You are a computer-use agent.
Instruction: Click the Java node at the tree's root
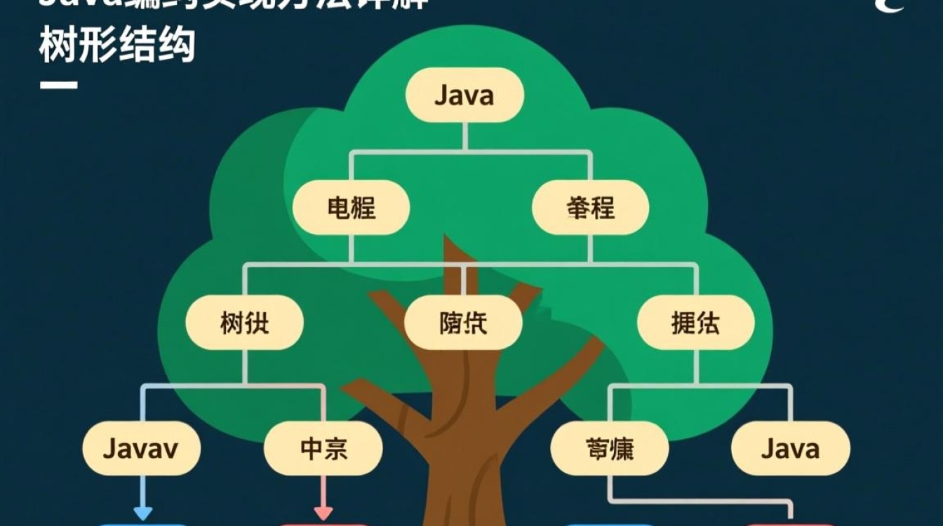tap(464, 95)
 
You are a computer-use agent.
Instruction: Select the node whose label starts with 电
tap(351, 208)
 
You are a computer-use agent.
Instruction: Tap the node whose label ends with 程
tap(590, 208)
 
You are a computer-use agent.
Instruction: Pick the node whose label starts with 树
tap(244, 323)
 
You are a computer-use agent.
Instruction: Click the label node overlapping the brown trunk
tap(464, 323)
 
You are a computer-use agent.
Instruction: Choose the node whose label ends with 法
tap(695, 323)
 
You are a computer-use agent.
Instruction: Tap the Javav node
tap(141, 448)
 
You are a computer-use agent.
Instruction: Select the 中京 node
tap(323, 448)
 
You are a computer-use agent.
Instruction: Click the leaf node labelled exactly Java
tap(790, 448)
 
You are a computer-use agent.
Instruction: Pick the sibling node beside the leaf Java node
tap(609, 448)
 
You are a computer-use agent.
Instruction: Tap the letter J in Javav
tap(109, 448)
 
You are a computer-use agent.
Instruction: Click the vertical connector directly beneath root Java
tap(464, 136)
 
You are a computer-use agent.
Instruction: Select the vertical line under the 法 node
tap(695, 366)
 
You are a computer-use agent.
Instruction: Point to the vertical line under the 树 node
tap(244, 366)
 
